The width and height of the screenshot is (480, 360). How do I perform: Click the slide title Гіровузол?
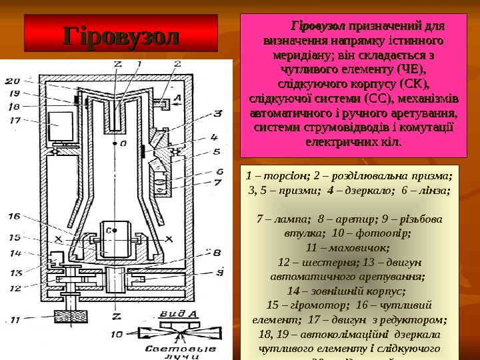(x=121, y=35)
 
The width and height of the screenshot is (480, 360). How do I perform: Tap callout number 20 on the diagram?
(x=13, y=81)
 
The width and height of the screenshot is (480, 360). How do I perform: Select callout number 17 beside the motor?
(x=15, y=121)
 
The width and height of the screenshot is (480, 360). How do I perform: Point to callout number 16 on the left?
(x=15, y=216)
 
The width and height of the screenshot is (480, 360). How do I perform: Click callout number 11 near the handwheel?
(x=15, y=319)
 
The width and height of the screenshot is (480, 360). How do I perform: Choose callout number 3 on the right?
(x=217, y=114)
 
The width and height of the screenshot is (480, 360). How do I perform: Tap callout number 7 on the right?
(x=217, y=181)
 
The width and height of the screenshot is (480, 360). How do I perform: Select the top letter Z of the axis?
(x=117, y=65)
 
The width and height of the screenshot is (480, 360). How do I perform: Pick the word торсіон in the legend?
(x=279, y=177)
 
